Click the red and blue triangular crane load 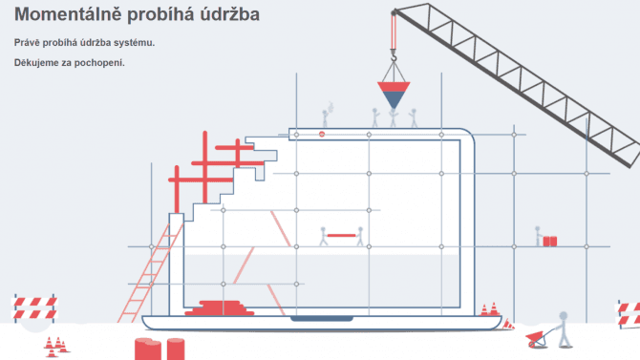click(392, 94)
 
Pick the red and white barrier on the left click(33, 307)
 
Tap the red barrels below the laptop click(160, 349)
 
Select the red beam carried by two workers click(341, 234)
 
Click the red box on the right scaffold click(550, 241)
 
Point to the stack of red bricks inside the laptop click(221, 307)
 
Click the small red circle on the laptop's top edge click(322, 135)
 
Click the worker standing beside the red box click(538, 235)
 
